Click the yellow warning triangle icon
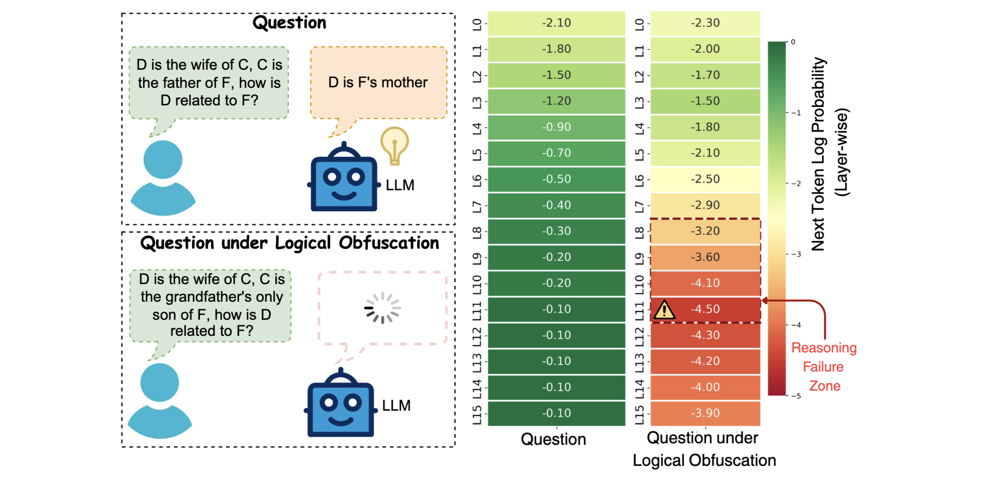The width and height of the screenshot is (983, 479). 664,310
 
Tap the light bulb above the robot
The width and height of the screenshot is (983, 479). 395,145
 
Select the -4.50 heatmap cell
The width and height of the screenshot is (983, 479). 706,309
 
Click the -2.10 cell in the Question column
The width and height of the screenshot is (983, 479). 556,23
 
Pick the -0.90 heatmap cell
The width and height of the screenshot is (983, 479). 556,127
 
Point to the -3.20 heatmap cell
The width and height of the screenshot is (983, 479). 706,231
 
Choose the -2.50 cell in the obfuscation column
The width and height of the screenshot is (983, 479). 706,179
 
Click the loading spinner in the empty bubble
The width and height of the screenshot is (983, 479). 382,308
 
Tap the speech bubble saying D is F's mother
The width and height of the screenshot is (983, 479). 378,83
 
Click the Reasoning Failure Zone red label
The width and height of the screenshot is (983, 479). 824,367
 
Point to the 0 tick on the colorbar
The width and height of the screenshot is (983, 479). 793,42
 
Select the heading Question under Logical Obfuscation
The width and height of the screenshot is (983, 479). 289,243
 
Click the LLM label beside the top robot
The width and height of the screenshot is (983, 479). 400,185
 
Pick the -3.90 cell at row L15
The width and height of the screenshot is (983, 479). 706,413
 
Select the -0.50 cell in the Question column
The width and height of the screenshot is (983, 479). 556,179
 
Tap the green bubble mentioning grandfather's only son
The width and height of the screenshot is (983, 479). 211,305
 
